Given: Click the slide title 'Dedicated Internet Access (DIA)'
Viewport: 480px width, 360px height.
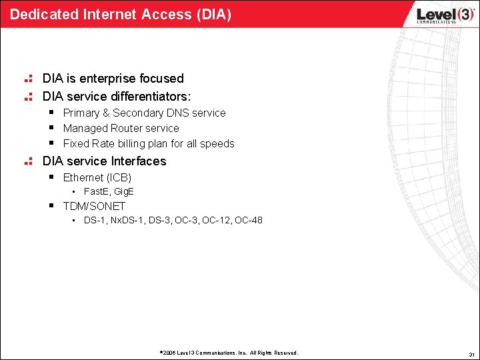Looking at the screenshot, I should pyautogui.click(x=121, y=14).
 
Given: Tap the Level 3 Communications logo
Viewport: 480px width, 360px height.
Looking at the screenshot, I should pyautogui.click(x=437, y=15).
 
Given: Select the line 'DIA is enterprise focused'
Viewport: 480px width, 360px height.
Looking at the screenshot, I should pyautogui.click(x=113, y=79).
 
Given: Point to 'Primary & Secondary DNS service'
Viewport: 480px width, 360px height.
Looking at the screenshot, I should pyautogui.click(x=144, y=113).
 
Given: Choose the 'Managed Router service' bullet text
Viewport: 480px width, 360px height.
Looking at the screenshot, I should pyautogui.click(x=121, y=129).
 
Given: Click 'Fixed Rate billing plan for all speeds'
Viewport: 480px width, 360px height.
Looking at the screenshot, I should pyautogui.click(x=149, y=144).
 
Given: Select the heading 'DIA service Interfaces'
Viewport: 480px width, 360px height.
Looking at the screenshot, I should pyautogui.click(x=104, y=161).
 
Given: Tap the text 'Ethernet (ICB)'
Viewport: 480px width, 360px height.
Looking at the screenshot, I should pyautogui.click(x=97, y=178).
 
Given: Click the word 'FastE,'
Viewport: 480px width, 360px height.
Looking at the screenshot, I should pyautogui.click(x=97, y=192).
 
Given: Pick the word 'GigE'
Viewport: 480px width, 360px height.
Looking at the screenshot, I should pyautogui.click(x=124, y=192).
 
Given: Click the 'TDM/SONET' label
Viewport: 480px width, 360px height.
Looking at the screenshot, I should pyautogui.click(x=94, y=207).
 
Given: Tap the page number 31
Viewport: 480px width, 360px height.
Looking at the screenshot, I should pyautogui.click(x=471, y=353).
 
